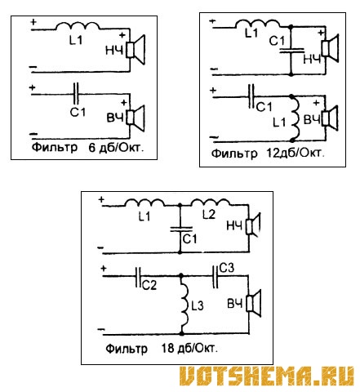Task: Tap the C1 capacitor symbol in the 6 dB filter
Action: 76,94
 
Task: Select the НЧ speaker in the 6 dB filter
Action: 136,50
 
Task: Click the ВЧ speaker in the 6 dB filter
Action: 136,118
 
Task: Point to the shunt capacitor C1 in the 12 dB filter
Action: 291,51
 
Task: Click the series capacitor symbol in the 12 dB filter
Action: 251,96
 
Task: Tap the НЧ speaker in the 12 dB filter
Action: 330,48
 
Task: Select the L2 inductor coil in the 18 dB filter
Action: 211,203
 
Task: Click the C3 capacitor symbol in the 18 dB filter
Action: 215,276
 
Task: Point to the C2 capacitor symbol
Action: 139,277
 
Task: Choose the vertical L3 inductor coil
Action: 184,305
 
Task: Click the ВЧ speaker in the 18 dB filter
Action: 253,304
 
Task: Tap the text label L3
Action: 198,305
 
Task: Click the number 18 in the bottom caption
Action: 167,348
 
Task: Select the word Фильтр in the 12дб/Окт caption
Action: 234,154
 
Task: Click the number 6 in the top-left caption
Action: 92,148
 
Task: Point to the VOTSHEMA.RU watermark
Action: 267,376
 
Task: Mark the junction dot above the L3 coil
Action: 181,276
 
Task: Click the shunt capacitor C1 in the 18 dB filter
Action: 181,229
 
